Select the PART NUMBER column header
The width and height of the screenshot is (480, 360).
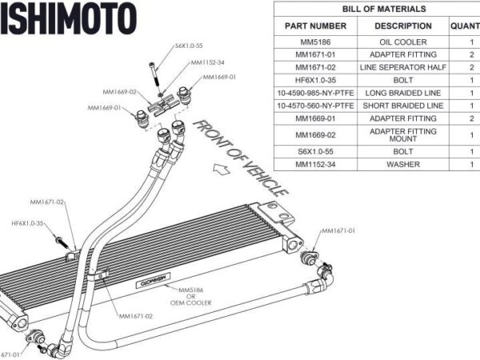(x=315, y=26)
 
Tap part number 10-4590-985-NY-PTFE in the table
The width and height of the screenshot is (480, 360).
(x=315, y=93)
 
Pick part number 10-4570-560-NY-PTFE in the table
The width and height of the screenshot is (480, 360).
(x=315, y=106)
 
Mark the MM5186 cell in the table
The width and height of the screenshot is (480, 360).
(x=315, y=42)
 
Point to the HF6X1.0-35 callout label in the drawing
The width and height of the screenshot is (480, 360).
(x=27, y=223)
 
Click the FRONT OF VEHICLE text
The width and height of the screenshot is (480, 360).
(x=240, y=157)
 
